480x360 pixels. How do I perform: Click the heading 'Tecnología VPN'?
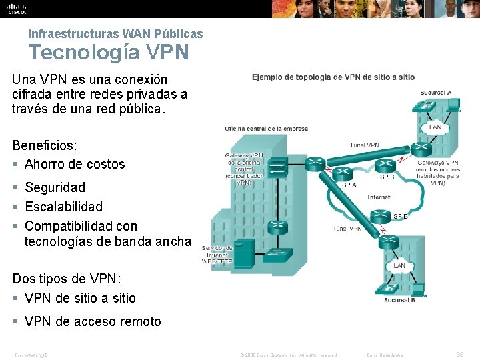108,51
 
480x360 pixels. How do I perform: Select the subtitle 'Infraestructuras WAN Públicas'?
115,33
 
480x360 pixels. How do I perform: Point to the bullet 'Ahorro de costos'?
75,164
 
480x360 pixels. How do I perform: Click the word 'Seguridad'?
55,187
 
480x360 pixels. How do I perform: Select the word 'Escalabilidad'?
64,207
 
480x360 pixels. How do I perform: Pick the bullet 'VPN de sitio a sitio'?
80,298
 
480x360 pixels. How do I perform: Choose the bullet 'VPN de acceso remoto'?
93,321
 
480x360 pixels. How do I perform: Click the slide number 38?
459,355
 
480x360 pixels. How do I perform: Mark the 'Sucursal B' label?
400,299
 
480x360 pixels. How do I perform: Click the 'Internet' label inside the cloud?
379,197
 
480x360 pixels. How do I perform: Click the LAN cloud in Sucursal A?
434,127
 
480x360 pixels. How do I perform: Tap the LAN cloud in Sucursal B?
399,265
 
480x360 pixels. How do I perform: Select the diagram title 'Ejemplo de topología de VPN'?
333,77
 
